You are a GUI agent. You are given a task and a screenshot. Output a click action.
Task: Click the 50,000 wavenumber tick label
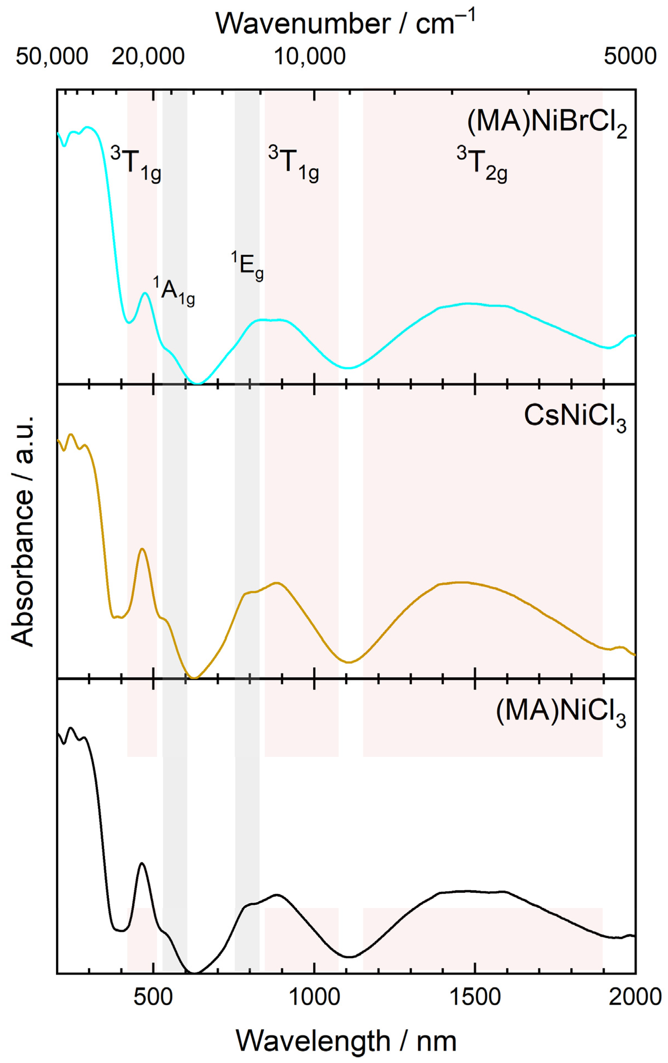click(x=52, y=57)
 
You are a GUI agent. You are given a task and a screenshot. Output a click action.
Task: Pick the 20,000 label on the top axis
click(x=148, y=57)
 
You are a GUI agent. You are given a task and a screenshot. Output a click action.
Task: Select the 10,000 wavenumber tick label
click(x=310, y=57)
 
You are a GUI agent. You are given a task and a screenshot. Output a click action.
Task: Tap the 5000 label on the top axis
click(x=630, y=57)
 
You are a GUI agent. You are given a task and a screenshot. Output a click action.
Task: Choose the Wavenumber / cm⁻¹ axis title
click(x=346, y=23)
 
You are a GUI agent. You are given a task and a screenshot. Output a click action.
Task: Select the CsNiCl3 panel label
click(x=575, y=417)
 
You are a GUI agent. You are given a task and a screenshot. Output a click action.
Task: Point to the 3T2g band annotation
click(x=482, y=165)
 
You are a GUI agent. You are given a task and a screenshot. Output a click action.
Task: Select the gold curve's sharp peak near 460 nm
click(x=142, y=549)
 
